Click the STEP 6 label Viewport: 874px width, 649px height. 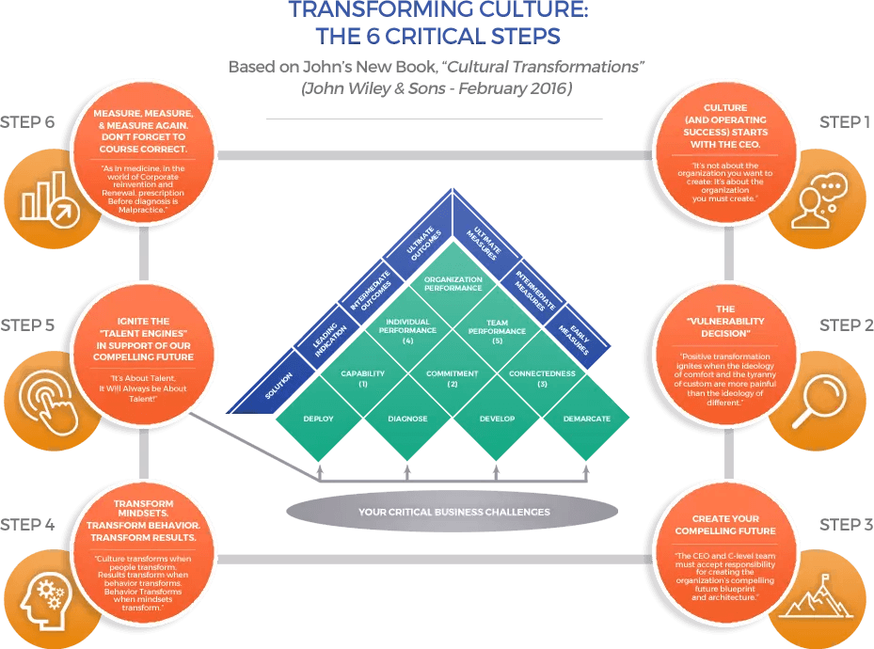pos(27,122)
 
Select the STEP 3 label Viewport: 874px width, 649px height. pos(845,525)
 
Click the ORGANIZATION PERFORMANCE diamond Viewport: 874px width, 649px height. pos(453,284)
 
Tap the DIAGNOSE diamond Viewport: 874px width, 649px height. pos(407,419)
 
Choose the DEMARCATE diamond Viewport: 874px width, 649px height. pos(588,419)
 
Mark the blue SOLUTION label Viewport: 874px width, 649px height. pos(279,387)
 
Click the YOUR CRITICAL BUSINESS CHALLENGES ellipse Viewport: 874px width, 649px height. pos(453,513)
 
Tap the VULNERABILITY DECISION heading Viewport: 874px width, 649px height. pos(725,321)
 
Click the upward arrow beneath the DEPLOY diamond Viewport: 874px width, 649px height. pos(320,470)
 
